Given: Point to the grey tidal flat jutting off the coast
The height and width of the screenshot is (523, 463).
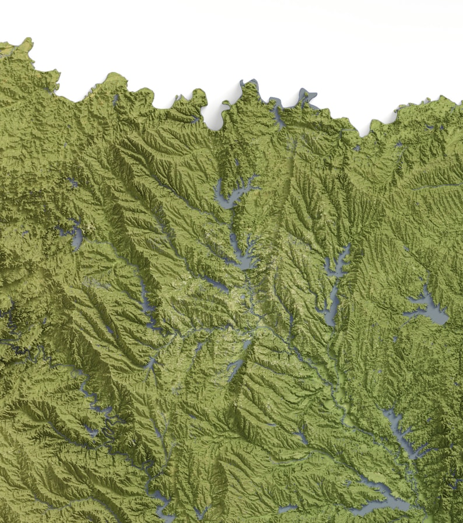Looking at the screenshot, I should pos(307,96).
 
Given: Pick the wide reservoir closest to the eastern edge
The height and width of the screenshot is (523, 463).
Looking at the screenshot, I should pos(429,306).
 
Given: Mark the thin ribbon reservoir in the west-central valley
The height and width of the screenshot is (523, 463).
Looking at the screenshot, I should pos(146,297).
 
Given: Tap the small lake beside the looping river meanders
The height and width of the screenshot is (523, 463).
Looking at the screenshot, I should pos(91,432).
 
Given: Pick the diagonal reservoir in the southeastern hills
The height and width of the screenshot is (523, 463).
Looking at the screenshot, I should pos(399,431).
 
